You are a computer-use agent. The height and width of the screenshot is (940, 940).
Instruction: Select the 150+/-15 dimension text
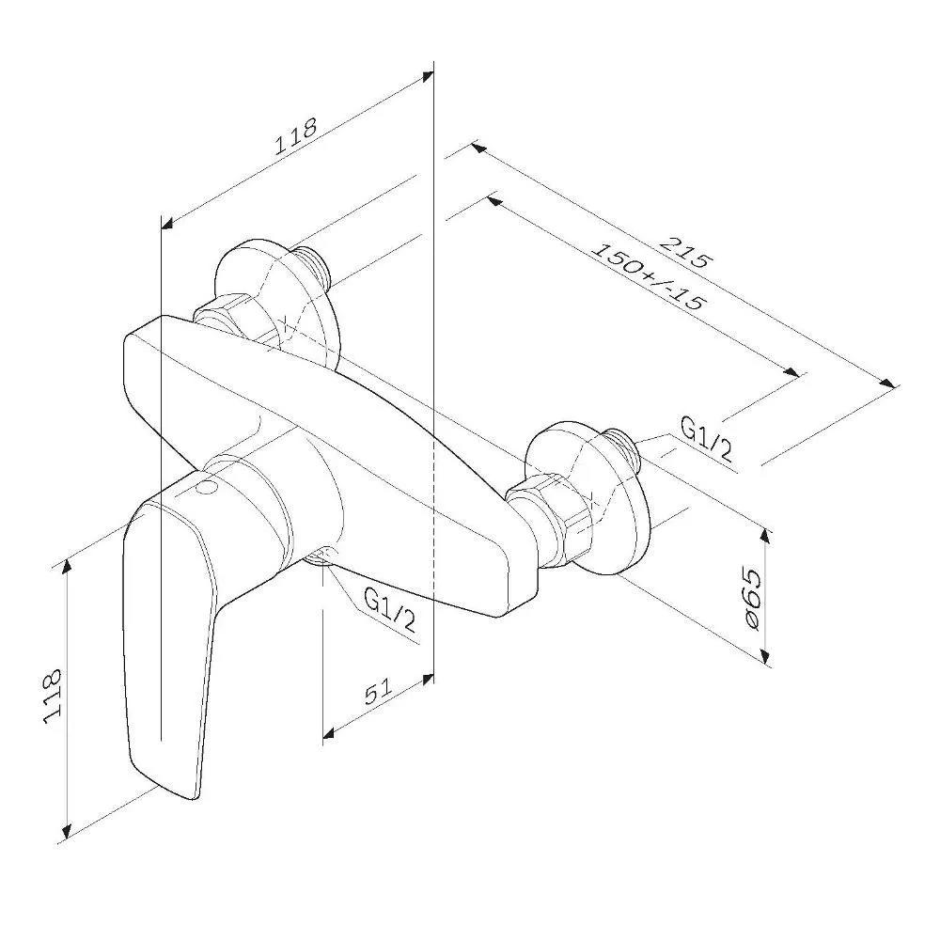tap(648, 276)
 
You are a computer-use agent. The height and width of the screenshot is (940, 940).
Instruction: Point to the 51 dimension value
tap(378, 691)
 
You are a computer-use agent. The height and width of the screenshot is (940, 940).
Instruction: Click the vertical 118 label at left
tap(53, 696)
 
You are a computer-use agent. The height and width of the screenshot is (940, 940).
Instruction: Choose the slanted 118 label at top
tap(295, 136)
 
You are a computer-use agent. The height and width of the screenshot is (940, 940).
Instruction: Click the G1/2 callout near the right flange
tap(707, 440)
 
